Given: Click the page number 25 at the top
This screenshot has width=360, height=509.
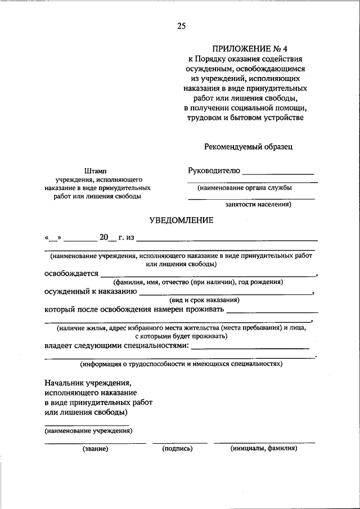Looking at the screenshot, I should click(181, 26).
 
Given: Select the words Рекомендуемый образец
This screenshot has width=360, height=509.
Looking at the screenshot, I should click(248, 147).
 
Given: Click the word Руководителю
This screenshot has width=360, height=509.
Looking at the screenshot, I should click(214, 170).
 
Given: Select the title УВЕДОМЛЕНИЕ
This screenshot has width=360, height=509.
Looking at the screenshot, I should click(181, 220).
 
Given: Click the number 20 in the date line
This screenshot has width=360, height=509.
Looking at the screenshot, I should click(103, 237).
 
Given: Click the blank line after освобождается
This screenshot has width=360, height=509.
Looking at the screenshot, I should click(208, 276).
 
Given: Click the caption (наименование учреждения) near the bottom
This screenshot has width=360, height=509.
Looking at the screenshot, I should click(88, 431).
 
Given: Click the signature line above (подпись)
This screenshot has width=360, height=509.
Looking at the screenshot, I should click(177, 443).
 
